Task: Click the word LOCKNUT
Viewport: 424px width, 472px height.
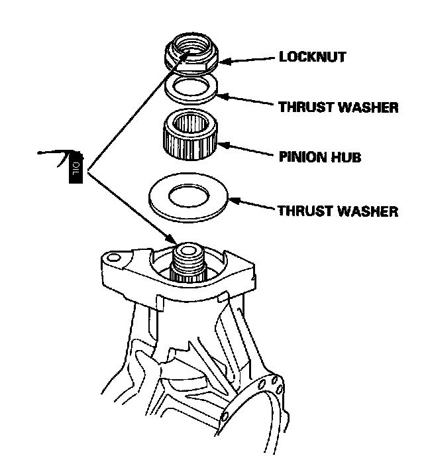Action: (312, 57)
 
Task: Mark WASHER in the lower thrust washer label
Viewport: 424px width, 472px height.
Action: (367, 211)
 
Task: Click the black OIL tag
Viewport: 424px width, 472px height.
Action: (75, 168)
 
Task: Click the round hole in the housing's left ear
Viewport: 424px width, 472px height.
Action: (113, 257)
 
